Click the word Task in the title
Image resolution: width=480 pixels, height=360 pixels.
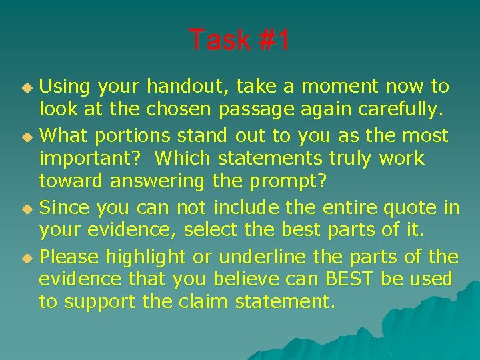(218, 41)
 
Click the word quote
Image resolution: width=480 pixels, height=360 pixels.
(411, 208)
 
